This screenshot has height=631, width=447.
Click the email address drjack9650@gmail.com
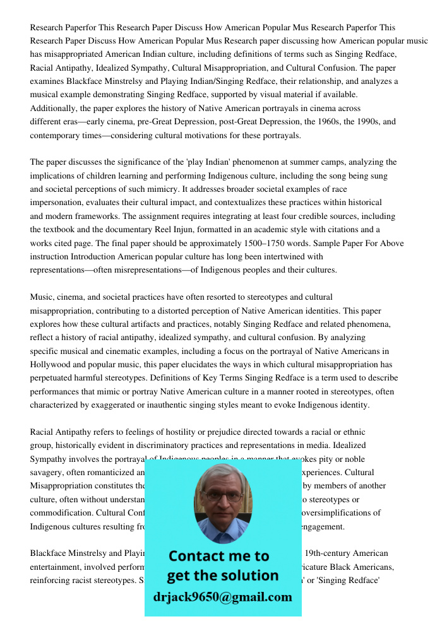[x=222, y=597]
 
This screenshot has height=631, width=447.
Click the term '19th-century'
[x=328, y=553]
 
